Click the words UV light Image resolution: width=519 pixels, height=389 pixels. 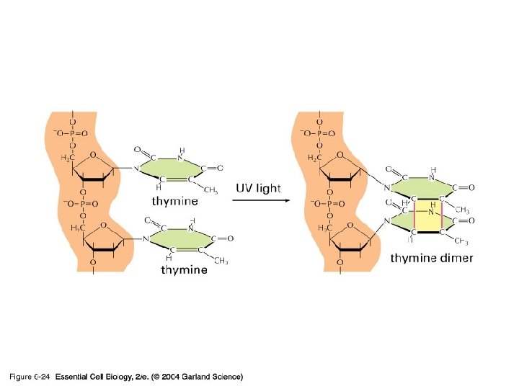tap(259, 188)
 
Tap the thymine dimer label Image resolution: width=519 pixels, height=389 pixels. tap(431, 259)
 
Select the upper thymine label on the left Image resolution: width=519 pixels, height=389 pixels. tap(175, 200)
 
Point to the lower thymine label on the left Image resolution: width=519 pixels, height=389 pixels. tap(184, 270)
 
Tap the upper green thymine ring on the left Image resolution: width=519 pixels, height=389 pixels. tap(174, 169)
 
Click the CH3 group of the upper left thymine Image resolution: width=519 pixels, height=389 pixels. tap(210, 190)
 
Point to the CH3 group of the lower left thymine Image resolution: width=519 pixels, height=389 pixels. tap(221, 260)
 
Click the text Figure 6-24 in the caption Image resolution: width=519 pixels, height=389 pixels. tap(29, 377)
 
